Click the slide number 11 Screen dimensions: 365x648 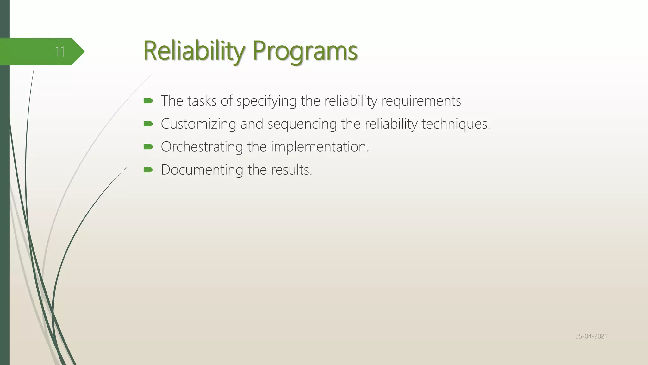coord(59,52)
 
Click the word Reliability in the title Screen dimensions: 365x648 coord(194,51)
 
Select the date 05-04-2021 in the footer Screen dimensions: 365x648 coord(591,336)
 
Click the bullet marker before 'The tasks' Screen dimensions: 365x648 coord(148,101)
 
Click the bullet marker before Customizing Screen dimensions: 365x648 coord(148,124)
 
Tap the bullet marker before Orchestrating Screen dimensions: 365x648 coord(148,147)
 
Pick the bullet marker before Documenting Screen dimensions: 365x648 coord(148,170)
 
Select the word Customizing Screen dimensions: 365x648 coord(198,124)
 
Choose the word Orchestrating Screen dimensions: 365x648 coord(202,147)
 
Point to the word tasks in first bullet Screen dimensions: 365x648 coord(202,101)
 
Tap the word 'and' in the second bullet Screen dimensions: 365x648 coord(252,124)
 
